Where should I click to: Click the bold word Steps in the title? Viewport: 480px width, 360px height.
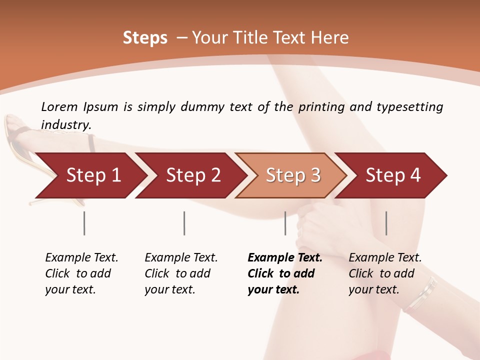pos(145,38)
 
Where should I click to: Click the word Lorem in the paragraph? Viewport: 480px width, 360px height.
pos(59,106)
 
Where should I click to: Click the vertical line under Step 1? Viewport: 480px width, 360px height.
pos(84,223)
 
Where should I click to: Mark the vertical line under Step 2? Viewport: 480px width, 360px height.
pos(184,223)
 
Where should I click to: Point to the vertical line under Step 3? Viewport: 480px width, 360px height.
pos(285,223)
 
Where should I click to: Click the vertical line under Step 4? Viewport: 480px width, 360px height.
pos(386,223)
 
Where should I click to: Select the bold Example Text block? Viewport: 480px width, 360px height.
pos(284,273)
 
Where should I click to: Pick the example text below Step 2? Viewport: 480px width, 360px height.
pos(180,273)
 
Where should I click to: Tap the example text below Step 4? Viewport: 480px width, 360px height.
pos(384,273)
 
